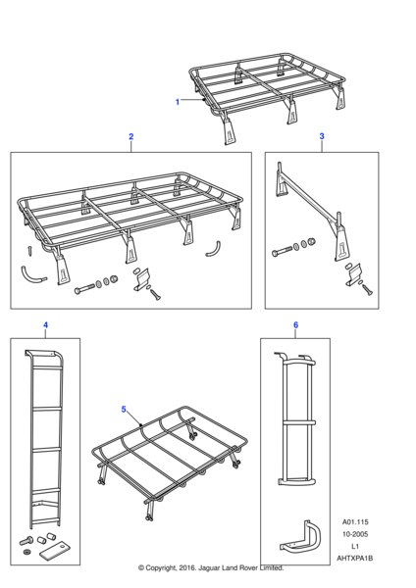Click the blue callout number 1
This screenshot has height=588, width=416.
click(178, 102)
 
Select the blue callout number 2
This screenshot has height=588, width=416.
click(131, 136)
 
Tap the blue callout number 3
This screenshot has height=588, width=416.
click(322, 136)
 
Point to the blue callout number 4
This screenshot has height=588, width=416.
click(45, 324)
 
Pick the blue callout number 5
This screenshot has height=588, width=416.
click(124, 409)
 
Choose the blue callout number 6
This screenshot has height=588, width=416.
click(296, 324)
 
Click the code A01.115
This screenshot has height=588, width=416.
click(355, 522)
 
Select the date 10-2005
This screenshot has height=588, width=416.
click(355, 534)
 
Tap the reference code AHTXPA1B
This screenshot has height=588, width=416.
click(355, 558)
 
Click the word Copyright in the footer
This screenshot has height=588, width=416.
click(160, 568)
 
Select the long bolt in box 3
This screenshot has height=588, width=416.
click(282, 251)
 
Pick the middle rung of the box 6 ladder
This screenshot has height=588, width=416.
click(298, 422)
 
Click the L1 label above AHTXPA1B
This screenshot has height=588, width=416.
click(355, 546)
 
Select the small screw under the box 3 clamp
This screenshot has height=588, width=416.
click(367, 289)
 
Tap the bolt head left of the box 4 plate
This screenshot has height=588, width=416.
click(26, 542)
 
